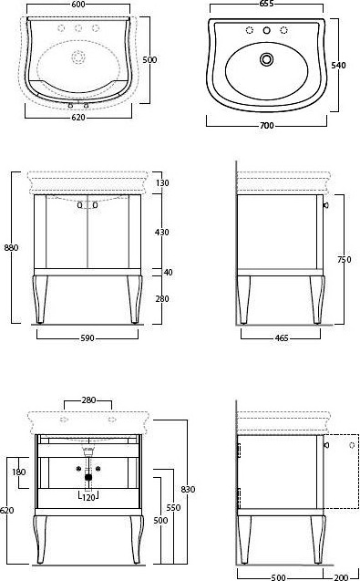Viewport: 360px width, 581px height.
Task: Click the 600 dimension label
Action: [78, 4]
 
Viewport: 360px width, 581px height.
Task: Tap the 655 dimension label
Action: [267, 4]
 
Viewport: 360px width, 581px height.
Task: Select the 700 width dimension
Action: [267, 126]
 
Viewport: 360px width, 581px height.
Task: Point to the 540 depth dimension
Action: [338, 66]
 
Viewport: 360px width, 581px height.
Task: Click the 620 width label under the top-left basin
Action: [78, 118]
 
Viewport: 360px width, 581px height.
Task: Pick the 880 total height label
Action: [11, 247]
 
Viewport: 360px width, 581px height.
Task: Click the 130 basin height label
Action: [162, 183]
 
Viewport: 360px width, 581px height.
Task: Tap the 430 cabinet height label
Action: [162, 233]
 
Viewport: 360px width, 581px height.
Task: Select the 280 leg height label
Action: [162, 298]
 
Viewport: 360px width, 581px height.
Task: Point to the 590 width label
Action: [87, 338]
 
